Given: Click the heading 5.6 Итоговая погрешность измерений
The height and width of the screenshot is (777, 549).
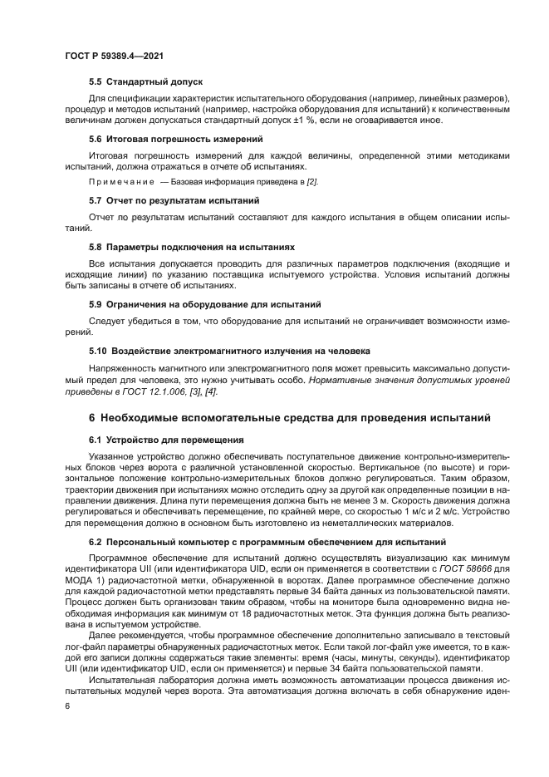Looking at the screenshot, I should pos(175,139).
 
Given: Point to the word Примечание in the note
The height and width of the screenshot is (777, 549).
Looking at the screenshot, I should pos(122,181).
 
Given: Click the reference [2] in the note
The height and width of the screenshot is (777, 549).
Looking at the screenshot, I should pos(311,181).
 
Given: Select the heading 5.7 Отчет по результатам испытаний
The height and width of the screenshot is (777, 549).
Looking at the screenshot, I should pos(174,200).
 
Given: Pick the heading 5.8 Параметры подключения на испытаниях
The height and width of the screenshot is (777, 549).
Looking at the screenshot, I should pos(191,248).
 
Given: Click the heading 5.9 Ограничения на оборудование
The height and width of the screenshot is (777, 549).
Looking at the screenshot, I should pos(204,305).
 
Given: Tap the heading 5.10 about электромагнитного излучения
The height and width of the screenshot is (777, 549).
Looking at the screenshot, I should pos(229,352).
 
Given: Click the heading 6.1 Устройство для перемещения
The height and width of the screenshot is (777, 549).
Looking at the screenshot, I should pos(166,439).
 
